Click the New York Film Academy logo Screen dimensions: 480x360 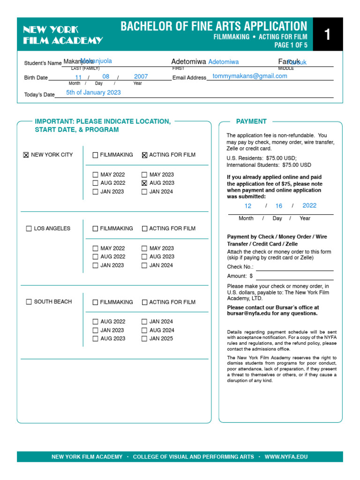(63, 35)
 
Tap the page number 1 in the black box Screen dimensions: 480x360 (327, 35)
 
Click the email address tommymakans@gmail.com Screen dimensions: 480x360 (249, 76)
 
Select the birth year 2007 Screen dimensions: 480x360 (141, 76)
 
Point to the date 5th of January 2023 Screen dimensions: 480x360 (93, 92)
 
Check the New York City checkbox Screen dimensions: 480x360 (26, 155)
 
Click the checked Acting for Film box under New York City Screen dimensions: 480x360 (144, 155)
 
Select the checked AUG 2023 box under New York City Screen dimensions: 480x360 (144, 183)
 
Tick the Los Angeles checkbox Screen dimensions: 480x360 (29, 229)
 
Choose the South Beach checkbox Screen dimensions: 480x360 (29, 302)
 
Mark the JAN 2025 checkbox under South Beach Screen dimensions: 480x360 (144, 339)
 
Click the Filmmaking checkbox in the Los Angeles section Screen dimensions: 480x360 (95, 229)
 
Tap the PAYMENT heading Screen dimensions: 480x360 (251, 121)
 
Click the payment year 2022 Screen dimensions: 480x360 (309, 205)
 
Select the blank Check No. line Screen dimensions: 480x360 (294, 267)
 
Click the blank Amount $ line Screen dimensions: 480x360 (294, 277)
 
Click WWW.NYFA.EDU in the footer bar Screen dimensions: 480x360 (286, 457)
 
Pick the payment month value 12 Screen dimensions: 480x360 (248, 206)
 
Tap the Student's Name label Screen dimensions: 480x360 (43, 63)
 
